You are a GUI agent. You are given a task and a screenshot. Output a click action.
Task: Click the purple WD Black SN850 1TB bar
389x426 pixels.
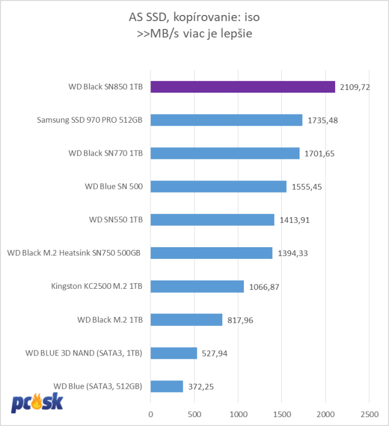tap(243, 87)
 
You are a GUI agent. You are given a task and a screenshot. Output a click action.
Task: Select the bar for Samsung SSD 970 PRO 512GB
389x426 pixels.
tap(226, 120)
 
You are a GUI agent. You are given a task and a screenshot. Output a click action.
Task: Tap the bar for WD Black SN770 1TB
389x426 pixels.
tap(225, 153)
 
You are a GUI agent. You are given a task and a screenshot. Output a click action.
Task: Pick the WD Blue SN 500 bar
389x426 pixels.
tap(218, 187)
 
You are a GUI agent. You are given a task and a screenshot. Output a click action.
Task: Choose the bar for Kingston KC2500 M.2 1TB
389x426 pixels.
tap(197, 286)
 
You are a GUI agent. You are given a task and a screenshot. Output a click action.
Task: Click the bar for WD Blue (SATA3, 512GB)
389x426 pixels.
tap(167, 386)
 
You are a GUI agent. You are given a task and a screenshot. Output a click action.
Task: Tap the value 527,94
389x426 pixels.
tap(215, 353)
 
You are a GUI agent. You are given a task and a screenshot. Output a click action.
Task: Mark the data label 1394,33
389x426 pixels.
tap(292, 253)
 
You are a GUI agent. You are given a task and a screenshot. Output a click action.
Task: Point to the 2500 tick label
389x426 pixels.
tap(370, 414)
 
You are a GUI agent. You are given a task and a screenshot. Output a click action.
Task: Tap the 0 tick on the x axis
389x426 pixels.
tap(151, 414)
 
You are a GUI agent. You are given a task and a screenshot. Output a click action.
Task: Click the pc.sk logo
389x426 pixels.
tap(37, 402)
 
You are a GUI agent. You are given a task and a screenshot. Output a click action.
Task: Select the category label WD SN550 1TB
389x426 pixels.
tap(116, 220)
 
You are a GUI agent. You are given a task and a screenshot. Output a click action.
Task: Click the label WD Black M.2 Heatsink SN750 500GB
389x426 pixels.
tap(73, 253)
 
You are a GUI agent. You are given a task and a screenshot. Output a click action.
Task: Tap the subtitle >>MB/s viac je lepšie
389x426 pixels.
tap(194, 33)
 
